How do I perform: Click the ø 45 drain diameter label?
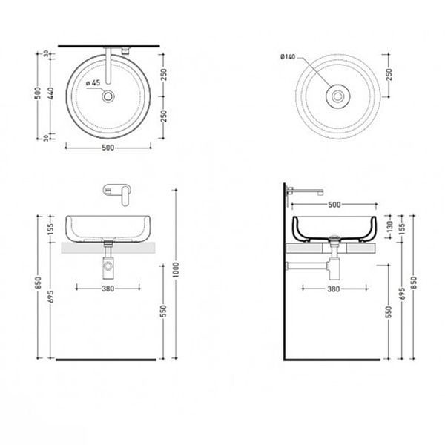point(93,83)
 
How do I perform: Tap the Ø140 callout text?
point(288,57)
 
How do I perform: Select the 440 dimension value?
point(50,93)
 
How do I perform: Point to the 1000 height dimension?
point(176,270)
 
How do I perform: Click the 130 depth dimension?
point(389,226)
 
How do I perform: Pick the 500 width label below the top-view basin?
point(108,148)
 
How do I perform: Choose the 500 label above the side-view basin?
point(334,205)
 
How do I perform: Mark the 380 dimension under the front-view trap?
point(108,289)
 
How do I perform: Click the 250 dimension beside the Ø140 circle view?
point(389,75)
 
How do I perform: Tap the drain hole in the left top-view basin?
point(108,96)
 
